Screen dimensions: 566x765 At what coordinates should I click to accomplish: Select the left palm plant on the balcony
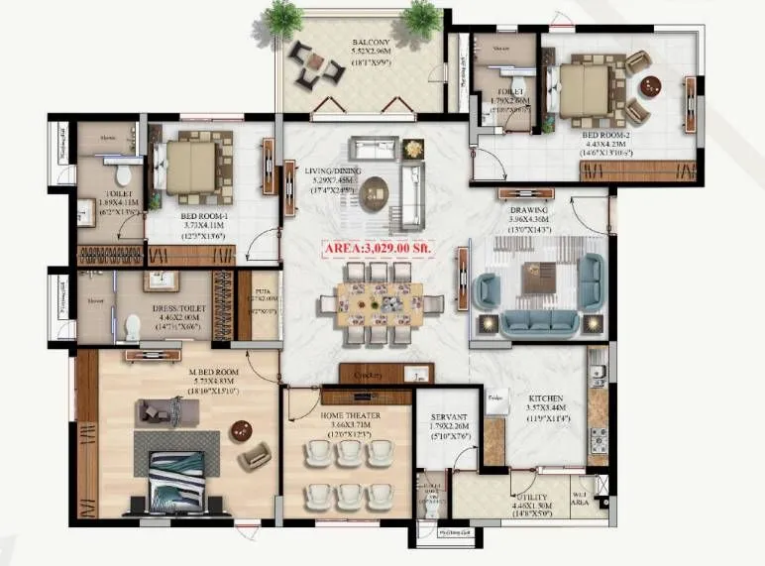[x=285, y=18]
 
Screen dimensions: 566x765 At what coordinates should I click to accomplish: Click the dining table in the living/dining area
[x=375, y=301]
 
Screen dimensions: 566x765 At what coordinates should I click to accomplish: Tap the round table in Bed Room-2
[x=650, y=86]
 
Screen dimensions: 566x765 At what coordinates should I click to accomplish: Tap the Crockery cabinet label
[x=374, y=375]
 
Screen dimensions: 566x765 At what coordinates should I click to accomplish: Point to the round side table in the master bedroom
[x=241, y=431]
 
